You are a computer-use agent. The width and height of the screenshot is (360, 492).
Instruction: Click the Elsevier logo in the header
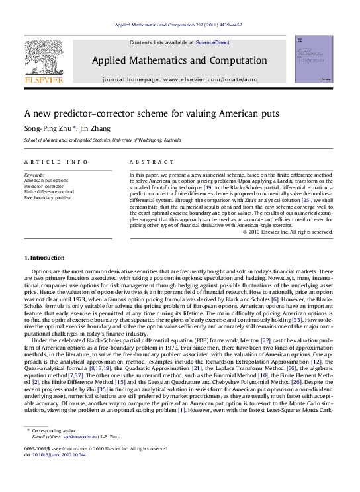(x=44, y=62)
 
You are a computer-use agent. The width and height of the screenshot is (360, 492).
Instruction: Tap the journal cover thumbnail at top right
(x=314, y=60)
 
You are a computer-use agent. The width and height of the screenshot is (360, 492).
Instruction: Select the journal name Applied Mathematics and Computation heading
(x=179, y=61)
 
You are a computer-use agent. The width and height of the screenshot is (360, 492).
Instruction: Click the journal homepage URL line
(x=179, y=79)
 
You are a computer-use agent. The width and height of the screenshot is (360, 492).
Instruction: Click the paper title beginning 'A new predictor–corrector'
(x=152, y=113)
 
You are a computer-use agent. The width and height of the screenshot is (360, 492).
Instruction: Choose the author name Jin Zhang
(x=97, y=128)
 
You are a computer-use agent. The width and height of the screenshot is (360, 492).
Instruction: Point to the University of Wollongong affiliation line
(x=102, y=140)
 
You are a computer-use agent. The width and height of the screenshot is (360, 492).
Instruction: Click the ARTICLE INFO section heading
(x=56, y=162)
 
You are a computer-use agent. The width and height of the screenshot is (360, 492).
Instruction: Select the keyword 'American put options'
(x=46, y=180)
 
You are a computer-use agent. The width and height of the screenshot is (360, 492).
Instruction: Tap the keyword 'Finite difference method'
(x=49, y=192)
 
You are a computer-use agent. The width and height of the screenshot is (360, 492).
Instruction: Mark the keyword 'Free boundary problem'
(x=48, y=197)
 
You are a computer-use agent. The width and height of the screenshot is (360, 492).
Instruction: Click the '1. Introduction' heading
(x=44, y=258)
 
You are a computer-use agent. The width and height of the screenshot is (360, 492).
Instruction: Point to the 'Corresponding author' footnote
(x=56, y=431)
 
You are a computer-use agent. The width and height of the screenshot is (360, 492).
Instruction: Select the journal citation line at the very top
(x=179, y=25)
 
